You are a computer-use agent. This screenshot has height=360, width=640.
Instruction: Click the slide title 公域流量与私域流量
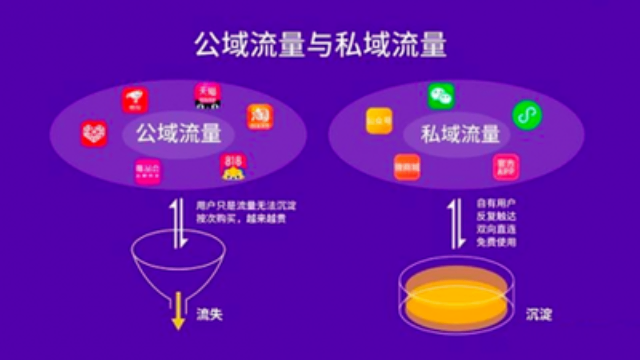[320, 46]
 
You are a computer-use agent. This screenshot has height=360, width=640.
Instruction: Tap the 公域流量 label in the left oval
[171, 132]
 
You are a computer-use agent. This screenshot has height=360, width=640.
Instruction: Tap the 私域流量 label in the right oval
[459, 133]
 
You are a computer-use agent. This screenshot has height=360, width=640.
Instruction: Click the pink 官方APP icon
[506, 165]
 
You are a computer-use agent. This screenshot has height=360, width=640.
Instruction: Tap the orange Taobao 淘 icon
[260, 116]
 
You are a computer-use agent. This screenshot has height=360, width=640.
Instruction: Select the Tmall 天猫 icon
[207, 94]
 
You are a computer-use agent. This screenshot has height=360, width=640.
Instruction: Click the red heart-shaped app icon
[94, 132]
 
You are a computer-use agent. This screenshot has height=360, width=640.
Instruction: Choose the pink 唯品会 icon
[148, 171]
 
